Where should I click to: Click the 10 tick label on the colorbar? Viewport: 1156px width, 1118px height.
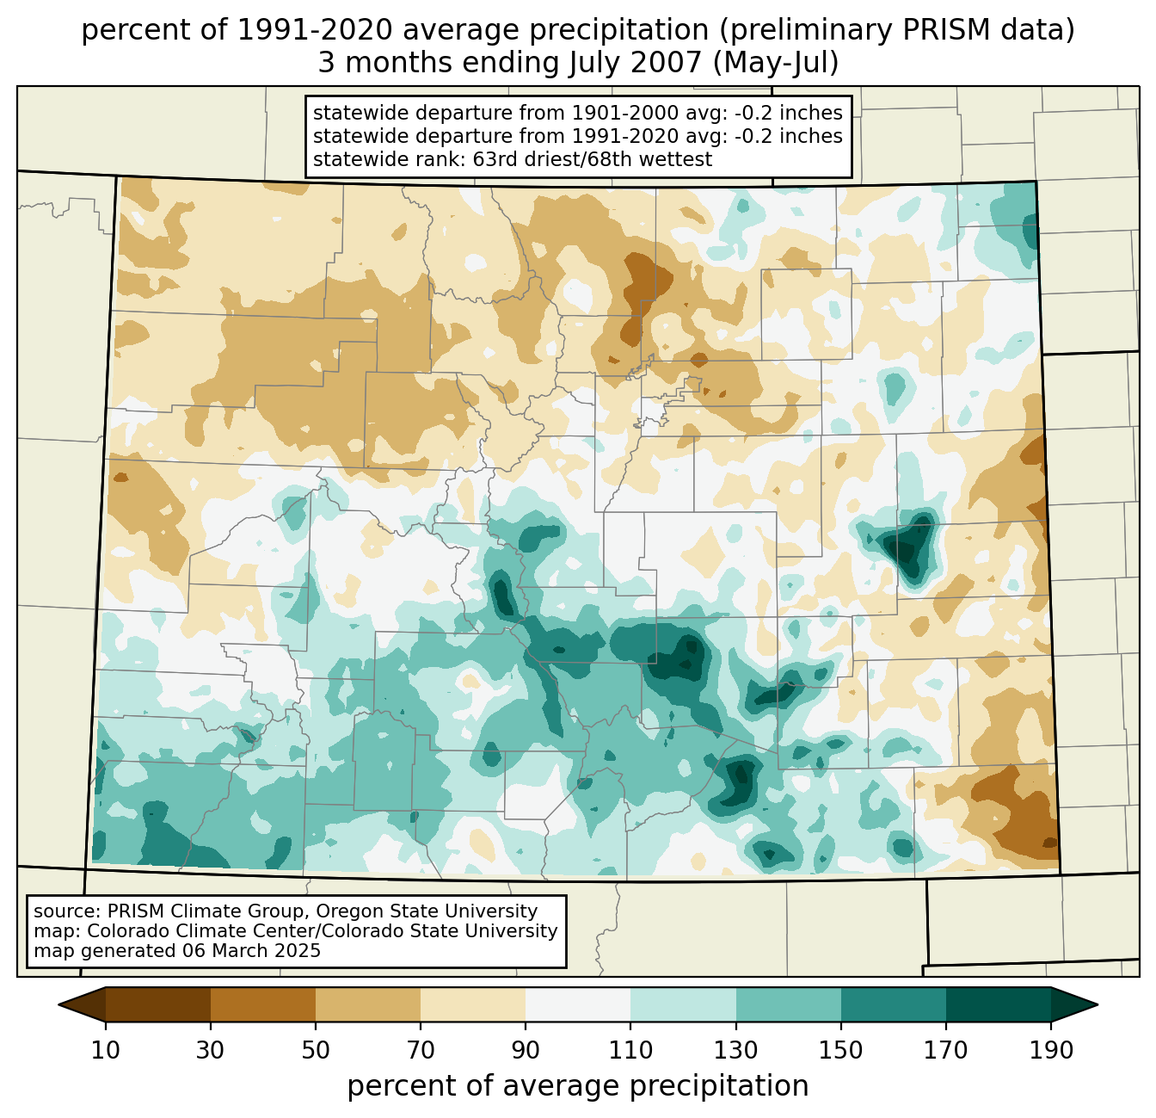click(106, 1051)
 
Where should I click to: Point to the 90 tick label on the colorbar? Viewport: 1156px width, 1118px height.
click(526, 1051)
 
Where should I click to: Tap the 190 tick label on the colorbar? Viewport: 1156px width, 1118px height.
click(1050, 1051)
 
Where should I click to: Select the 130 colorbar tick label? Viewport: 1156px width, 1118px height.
click(736, 1051)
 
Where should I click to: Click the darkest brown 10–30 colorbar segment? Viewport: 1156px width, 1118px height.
click(158, 1004)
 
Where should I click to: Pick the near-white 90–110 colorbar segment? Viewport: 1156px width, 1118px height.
click(578, 1004)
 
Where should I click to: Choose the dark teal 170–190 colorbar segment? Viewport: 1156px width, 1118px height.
click(998, 1004)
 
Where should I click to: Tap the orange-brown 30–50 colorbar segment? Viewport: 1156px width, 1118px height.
click(263, 1004)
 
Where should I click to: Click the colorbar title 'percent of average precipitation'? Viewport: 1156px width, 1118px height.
click(578, 1086)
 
